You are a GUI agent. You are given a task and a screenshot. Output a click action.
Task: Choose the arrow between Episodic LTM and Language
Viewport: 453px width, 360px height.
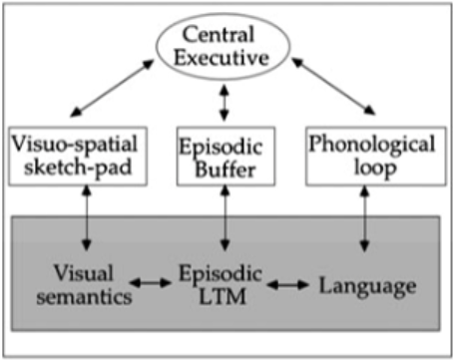click(x=288, y=286)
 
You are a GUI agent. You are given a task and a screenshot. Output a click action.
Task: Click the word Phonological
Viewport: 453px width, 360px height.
click(x=372, y=146)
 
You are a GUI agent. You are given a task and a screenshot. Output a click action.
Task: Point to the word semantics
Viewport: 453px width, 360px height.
click(x=81, y=297)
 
